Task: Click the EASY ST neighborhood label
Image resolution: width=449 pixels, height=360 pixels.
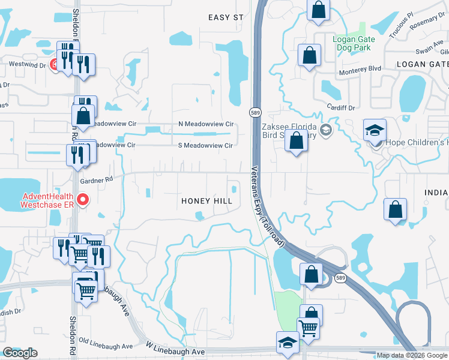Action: (x=226, y=17)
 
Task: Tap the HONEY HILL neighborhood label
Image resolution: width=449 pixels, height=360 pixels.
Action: (x=207, y=202)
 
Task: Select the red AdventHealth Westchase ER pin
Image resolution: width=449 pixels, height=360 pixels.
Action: (x=83, y=200)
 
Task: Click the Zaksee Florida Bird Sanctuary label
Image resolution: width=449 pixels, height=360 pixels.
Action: (x=289, y=131)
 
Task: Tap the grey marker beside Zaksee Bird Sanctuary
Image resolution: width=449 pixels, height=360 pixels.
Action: (x=326, y=130)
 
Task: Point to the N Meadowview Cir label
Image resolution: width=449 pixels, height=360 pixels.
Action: (x=206, y=124)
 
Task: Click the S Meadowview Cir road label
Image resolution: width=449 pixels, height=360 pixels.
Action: (x=205, y=145)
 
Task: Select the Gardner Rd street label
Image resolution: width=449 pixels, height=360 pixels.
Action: (x=97, y=179)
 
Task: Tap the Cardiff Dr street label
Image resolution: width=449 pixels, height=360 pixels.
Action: (x=343, y=108)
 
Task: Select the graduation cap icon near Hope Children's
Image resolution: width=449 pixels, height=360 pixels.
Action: (x=375, y=130)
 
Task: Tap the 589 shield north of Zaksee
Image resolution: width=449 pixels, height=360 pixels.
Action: (x=255, y=112)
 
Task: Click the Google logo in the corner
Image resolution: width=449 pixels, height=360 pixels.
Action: (x=20, y=353)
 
